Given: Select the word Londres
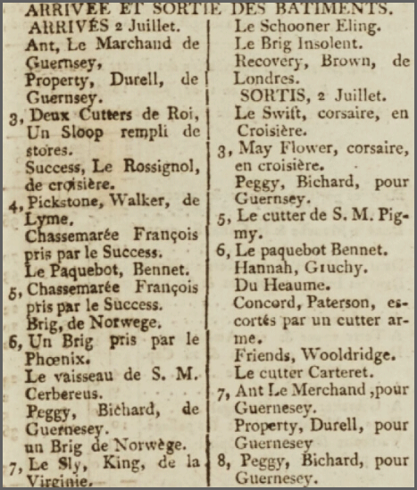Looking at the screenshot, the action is [263, 78].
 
